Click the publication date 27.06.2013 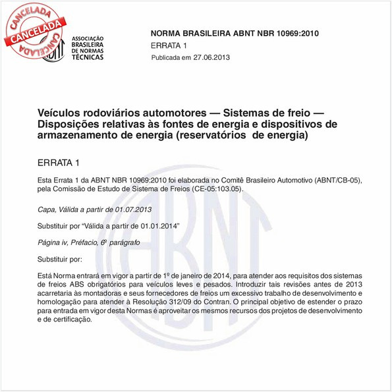211,59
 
